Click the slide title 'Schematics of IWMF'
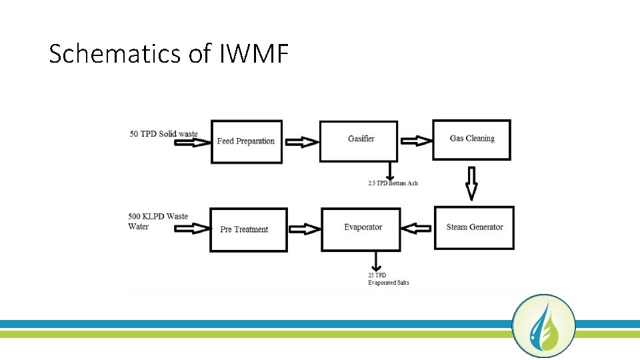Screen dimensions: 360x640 (x=169, y=54)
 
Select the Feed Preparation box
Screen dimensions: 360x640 (x=246, y=141)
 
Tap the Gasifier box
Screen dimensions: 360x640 (x=359, y=141)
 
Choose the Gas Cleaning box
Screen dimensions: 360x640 (x=471, y=139)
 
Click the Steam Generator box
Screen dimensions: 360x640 (x=474, y=227)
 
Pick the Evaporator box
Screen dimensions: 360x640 (x=361, y=229)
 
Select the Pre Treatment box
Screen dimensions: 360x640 (x=248, y=229)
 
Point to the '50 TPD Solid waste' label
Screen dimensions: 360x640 (x=163, y=134)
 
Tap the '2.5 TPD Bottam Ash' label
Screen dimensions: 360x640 (x=393, y=183)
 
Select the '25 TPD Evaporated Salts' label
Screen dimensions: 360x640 (x=388, y=279)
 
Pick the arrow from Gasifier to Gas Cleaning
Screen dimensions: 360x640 (x=415, y=141)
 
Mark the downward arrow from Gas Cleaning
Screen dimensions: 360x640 (x=471, y=183)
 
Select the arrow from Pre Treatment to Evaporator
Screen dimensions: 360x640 (x=304, y=229)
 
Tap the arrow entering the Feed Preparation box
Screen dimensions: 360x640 (x=193, y=142)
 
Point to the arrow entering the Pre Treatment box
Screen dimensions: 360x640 (x=192, y=229)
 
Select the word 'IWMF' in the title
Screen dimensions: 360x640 (x=253, y=54)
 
